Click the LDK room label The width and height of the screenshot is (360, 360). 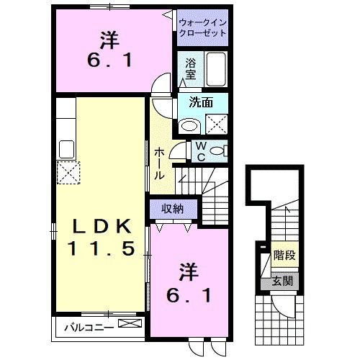pyautogui.click(x=102, y=226)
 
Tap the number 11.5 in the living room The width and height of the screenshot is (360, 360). pyautogui.click(x=102, y=250)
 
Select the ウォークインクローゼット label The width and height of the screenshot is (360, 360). pyautogui.click(x=202, y=27)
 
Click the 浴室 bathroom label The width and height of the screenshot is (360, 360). pyautogui.click(x=191, y=68)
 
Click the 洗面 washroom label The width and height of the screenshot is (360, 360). pyautogui.click(x=201, y=102)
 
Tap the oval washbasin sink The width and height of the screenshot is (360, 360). pyautogui.click(x=189, y=126)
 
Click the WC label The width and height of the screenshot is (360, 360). pyautogui.click(x=202, y=151)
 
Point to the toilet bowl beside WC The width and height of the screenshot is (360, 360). pyautogui.click(x=222, y=150)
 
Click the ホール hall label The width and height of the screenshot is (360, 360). pyautogui.click(x=159, y=163)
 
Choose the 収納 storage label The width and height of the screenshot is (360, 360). pyautogui.click(x=172, y=209)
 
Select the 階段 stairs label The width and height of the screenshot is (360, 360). pyautogui.click(x=285, y=256)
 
